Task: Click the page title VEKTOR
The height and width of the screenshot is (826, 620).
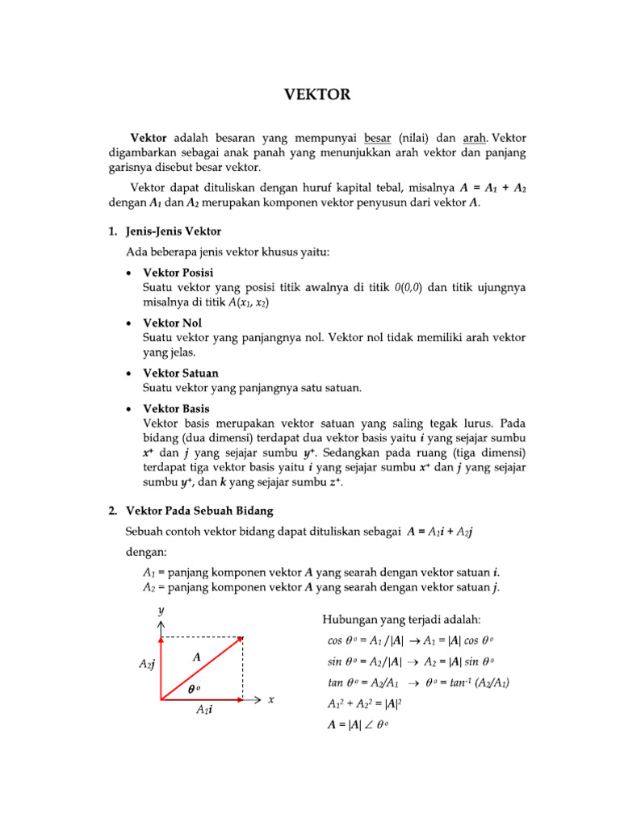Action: [x=317, y=95]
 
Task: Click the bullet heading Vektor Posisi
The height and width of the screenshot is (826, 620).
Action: [x=178, y=273]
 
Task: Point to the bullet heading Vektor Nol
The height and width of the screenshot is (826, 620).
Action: [x=172, y=323]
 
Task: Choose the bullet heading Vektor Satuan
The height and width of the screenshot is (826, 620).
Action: [x=180, y=373]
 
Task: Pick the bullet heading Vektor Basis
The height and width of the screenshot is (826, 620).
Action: [x=176, y=409]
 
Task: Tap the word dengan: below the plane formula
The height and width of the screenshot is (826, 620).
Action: [x=145, y=553]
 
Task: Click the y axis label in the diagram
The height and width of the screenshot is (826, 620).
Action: [x=161, y=611]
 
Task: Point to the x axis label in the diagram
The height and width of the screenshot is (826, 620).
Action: [x=271, y=699]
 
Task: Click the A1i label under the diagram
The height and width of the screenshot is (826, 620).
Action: [x=204, y=711]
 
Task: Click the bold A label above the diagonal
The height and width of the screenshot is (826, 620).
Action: [x=196, y=657]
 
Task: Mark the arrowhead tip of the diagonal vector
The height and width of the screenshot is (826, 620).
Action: [x=241, y=639]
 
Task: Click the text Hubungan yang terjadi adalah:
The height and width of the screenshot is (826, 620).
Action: [x=401, y=619]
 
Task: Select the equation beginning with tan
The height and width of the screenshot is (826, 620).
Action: [x=418, y=682]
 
